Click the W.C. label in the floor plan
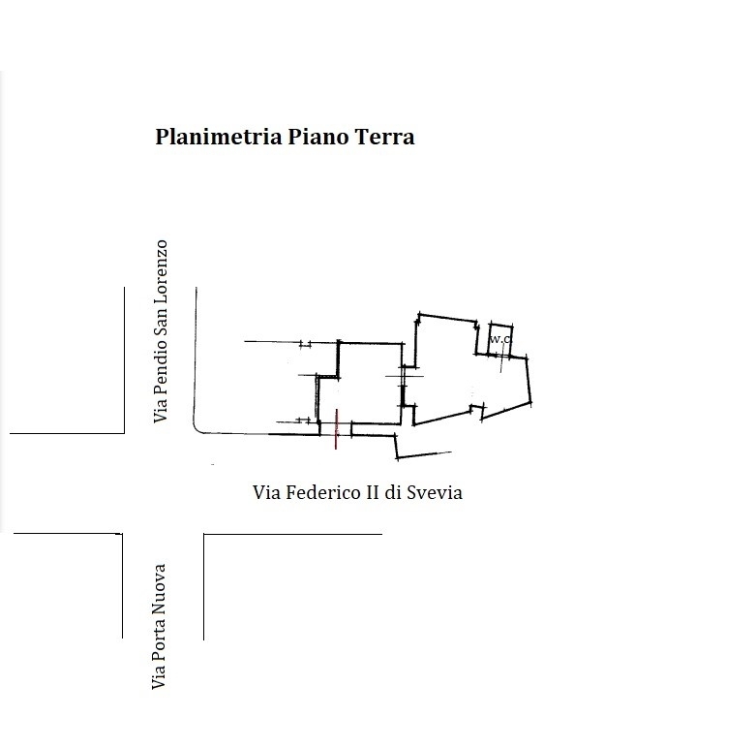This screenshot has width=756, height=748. pyautogui.click(x=499, y=340)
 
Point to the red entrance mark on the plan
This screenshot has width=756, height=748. pyautogui.click(x=335, y=429)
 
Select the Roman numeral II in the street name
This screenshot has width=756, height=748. pyautogui.click(x=372, y=492)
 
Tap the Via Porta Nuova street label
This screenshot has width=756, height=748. pyautogui.click(x=160, y=627)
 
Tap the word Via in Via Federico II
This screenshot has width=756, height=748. pyautogui.click(x=267, y=492)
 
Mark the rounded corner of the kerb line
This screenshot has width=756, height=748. pyautogui.click(x=199, y=429)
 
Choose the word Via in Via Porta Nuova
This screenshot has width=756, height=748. pyautogui.click(x=160, y=678)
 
